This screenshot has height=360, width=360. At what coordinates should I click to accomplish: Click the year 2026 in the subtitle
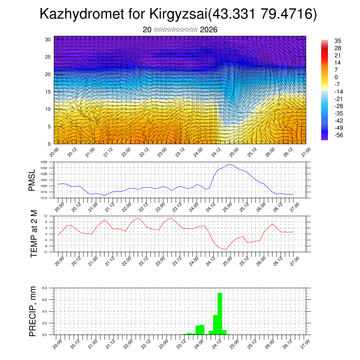pyautogui.click(x=208, y=30)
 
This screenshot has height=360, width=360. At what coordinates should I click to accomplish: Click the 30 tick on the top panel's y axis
pyautogui.click(x=48, y=39)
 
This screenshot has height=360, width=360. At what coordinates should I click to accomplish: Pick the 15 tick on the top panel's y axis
pyautogui.click(x=48, y=92)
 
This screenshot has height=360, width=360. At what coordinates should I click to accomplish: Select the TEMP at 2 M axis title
pyautogui.click(x=34, y=234)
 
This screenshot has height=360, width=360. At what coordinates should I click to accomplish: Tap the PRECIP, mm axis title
pyautogui.click(x=33, y=311)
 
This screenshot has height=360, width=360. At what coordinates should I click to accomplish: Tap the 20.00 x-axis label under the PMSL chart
pyautogui.click(x=59, y=206)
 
